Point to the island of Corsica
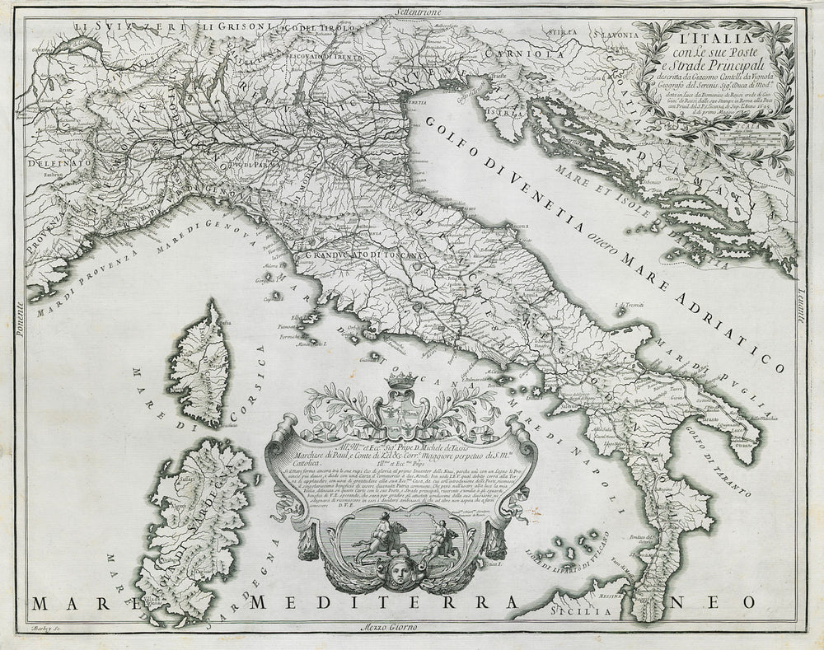pos(198,362)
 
